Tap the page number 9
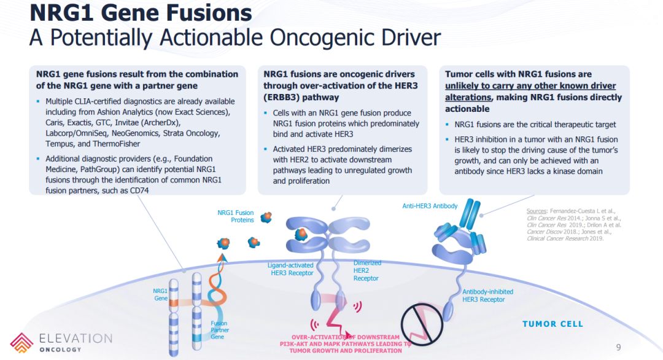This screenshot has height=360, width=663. (x=618, y=345)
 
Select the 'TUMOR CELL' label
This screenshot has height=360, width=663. (x=552, y=324)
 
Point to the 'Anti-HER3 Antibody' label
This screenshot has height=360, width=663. (x=430, y=206)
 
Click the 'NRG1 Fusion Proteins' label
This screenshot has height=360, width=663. (x=236, y=216)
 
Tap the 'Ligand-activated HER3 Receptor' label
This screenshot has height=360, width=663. (x=291, y=269)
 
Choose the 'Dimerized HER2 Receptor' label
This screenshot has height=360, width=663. (x=367, y=270)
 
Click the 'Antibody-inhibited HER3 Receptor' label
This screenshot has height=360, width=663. (x=487, y=295)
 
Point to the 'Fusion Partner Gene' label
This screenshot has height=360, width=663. (x=219, y=330)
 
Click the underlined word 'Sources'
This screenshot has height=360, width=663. (x=538, y=211)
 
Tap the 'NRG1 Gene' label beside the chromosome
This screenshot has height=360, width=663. (x=160, y=294)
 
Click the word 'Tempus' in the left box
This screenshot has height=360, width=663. (x=58, y=143)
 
